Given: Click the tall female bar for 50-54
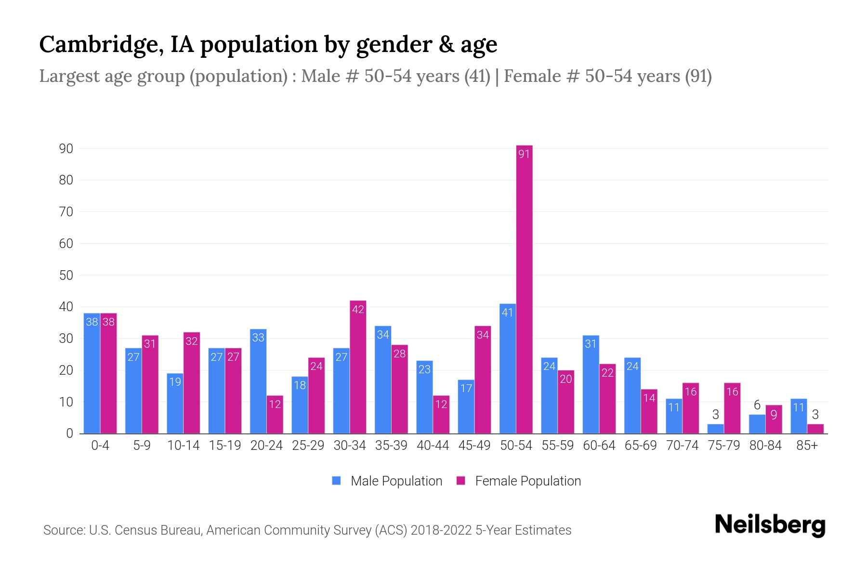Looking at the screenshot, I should pyautogui.click(x=524, y=289).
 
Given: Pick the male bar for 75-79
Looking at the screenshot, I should pyautogui.click(x=715, y=429).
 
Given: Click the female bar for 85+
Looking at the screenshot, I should pyautogui.click(x=815, y=429).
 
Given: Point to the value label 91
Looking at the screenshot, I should pyautogui.click(x=524, y=154).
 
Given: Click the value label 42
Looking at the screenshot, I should pyautogui.click(x=358, y=309).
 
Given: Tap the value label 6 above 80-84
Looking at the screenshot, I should pyautogui.click(x=757, y=406).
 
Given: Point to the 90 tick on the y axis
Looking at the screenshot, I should pyautogui.click(x=66, y=148).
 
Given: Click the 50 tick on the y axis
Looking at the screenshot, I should pyautogui.click(x=66, y=275).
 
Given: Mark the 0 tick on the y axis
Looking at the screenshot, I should pyautogui.click(x=69, y=433).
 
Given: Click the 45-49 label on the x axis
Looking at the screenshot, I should pyautogui.click(x=474, y=446).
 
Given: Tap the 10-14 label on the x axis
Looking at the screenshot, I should pyautogui.click(x=183, y=446).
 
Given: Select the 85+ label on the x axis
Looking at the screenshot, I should pyautogui.click(x=807, y=446).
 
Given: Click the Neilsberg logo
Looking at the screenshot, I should pyautogui.click(x=770, y=525).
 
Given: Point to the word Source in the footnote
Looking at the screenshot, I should pyautogui.click(x=63, y=530).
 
